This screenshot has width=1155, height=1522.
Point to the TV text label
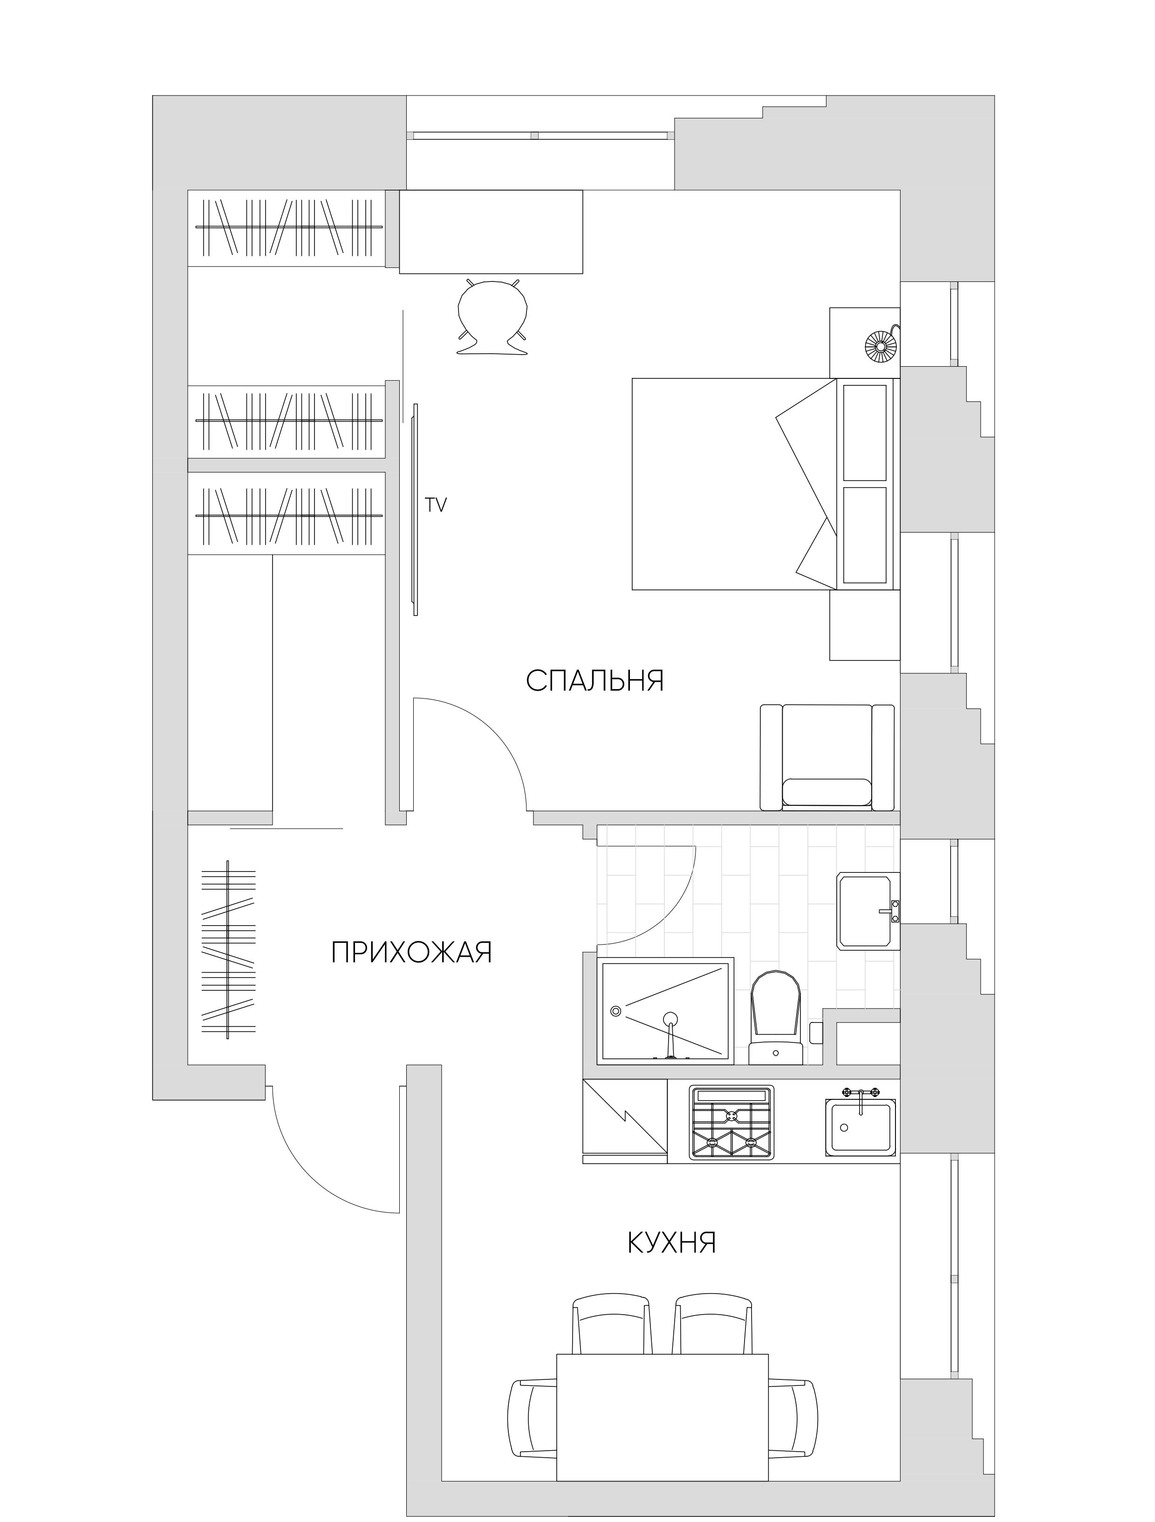[x=436, y=505]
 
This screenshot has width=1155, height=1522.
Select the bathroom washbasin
[x=868, y=911]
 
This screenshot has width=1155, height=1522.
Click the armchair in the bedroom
[x=827, y=757]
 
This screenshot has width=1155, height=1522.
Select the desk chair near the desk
[x=492, y=316]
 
